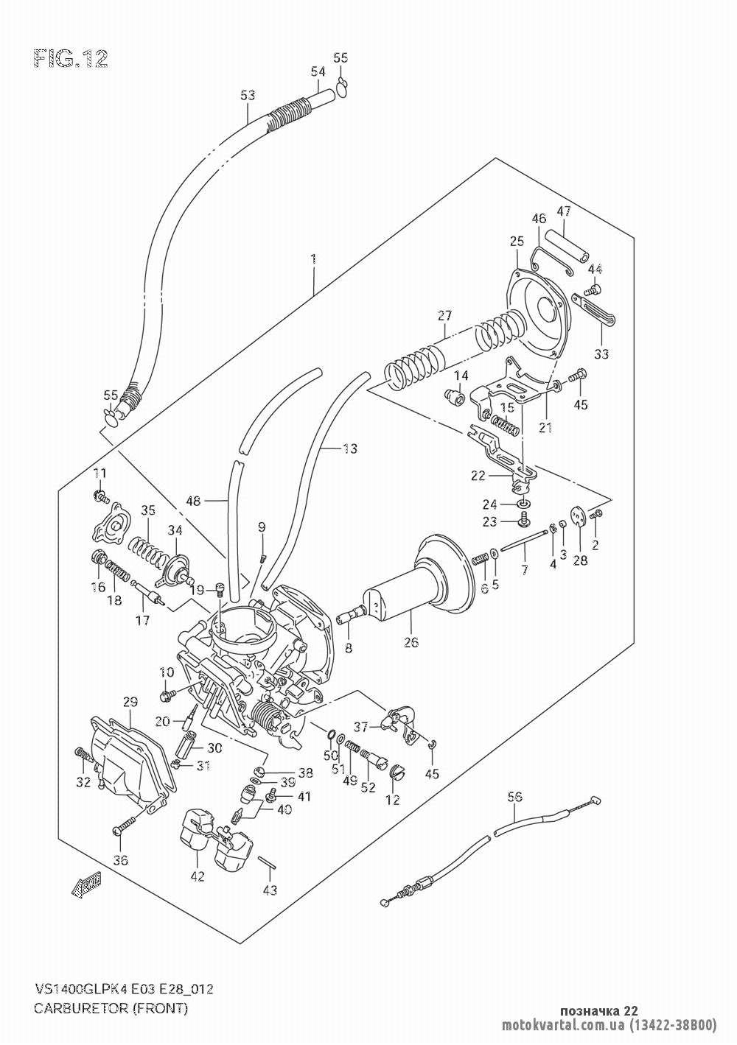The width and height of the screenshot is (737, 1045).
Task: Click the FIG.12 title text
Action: click(71, 59)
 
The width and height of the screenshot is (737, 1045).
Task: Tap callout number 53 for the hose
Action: click(248, 95)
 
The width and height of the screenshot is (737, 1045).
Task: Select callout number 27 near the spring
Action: click(445, 316)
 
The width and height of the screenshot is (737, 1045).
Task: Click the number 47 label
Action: click(563, 211)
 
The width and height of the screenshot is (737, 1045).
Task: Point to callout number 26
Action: click(411, 642)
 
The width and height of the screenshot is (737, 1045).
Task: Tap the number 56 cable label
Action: click(514, 796)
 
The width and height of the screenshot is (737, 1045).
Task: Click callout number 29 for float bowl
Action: click(130, 714)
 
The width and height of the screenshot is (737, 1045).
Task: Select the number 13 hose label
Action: click(349, 448)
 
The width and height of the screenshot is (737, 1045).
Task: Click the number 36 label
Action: click(120, 860)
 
